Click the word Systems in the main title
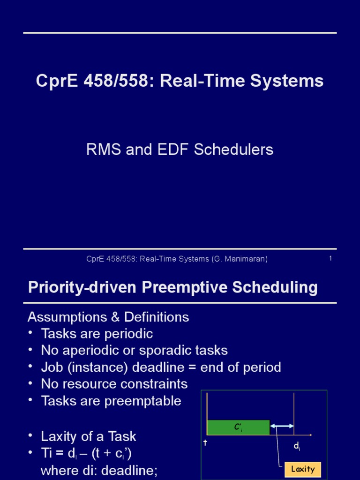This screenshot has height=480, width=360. pyautogui.click(x=294, y=81)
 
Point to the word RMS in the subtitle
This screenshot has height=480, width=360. pyautogui.click(x=102, y=150)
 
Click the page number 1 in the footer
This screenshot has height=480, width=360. pyautogui.click(x=330, y=258)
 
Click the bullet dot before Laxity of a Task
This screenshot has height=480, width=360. pyautogui.click(x=31, y=436)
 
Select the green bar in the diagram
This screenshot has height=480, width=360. pyautogui.click(x=238, y=427)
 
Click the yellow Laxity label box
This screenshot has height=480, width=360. pyautogui.click(x=302, y=469)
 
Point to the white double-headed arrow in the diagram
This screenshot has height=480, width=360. pyautogui.click(x=282, y=426)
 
